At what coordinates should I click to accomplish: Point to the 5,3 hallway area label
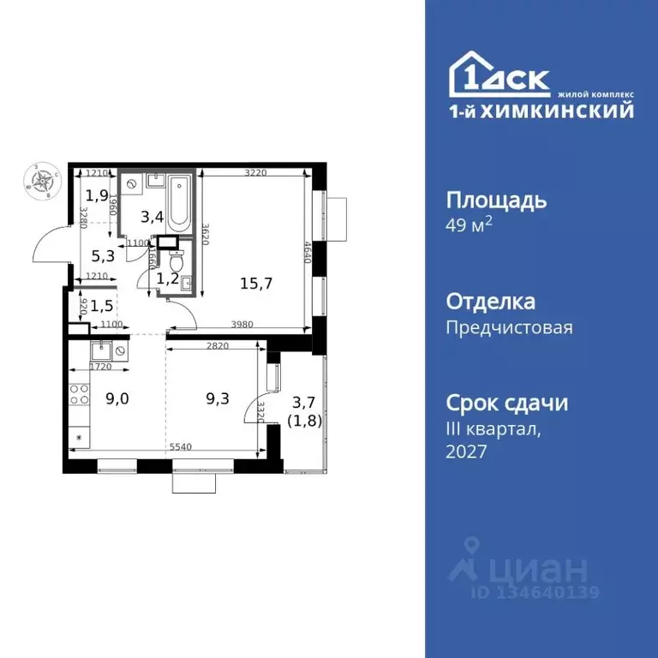(x=102, y=254)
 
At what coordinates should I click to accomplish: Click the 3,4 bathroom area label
(x=153, y=216)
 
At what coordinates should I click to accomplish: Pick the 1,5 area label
(x=101, y=306)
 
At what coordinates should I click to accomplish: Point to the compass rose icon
(x=40, y=182)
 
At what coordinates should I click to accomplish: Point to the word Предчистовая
(x=509, y=327)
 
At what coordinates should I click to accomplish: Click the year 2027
(x=467, y=451)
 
